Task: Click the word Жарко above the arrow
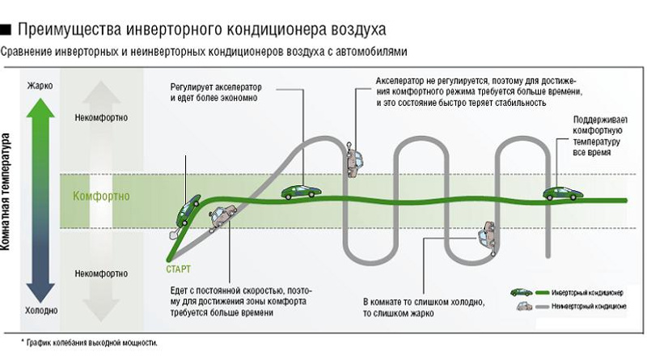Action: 40,85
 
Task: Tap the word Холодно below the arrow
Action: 40,310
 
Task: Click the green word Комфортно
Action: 101,197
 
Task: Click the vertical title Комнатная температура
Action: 7,197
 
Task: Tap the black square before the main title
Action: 6,30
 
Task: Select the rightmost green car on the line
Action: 560,193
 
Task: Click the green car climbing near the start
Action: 190,207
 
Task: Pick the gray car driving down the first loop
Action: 353,160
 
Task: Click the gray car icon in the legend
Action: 522,307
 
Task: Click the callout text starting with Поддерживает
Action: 596,134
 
